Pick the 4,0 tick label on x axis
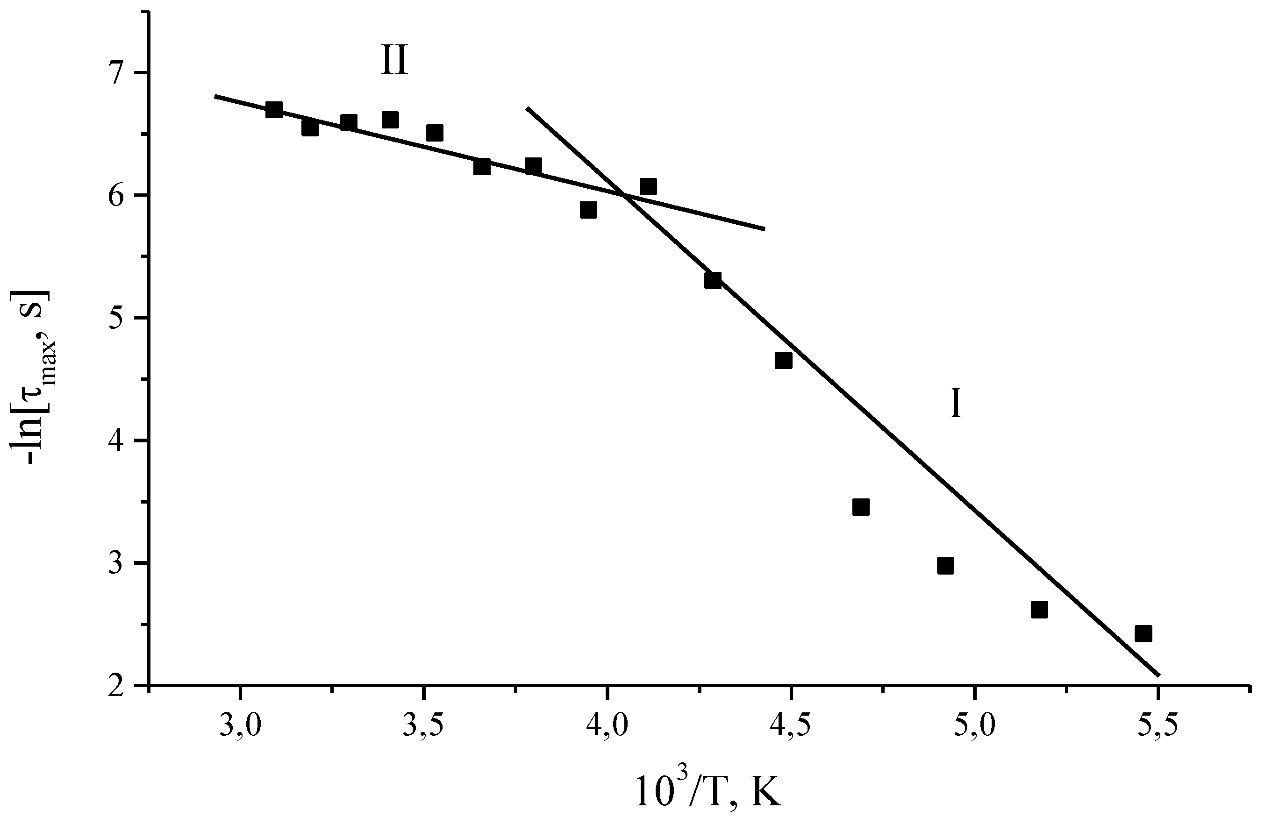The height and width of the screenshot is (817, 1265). tap(607, 726)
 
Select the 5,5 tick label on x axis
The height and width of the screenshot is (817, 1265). tap(1157, 726)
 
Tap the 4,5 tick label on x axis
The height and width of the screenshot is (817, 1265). tap(791, 726)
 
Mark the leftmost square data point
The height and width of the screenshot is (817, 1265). tap(274, 110)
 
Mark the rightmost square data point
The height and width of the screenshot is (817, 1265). tap(1143, 633)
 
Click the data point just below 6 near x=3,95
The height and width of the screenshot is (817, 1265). tap(588, 210)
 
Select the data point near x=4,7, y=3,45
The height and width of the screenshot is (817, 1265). tap(861, 507)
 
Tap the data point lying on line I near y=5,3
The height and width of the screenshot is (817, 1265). tap(713, 280)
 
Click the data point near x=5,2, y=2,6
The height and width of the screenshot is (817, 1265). tap(1039, 610)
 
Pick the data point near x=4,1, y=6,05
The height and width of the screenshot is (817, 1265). tap(648, 187)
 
